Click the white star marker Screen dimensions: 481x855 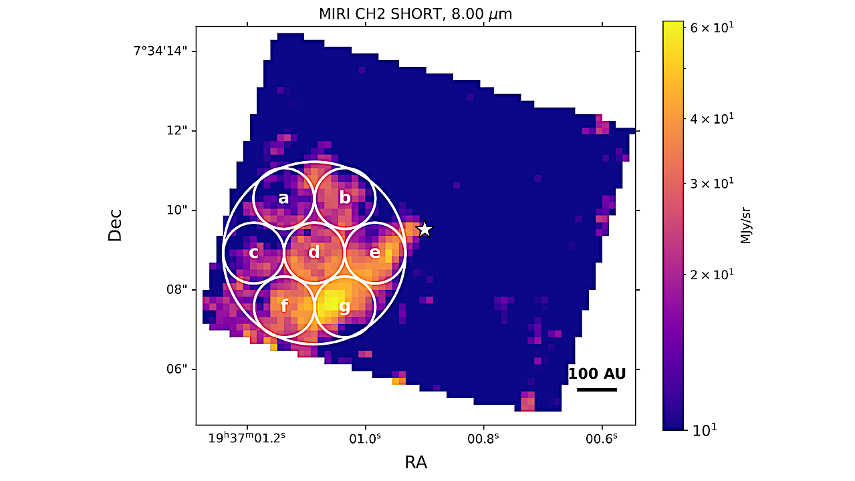click(x=424, y=229)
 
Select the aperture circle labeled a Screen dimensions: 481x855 click(x=283, y=198)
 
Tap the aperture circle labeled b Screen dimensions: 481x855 click(x=345, y=198)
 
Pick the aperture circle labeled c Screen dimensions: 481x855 click(x=253, y=253)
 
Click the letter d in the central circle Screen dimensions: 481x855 click(x=314, y=253)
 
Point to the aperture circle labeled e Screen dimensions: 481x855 click(x=375, y=253)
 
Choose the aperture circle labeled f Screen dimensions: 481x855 click(x=284, y=307)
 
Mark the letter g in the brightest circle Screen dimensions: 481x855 click(x=345, y=307)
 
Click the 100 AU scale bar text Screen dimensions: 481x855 click(x=597, y=373)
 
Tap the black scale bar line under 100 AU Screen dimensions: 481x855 click(x=597, y=389)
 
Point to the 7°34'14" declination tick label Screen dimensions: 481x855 click(x=159, y=51)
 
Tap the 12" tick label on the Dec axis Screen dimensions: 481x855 click(x=178, y=131)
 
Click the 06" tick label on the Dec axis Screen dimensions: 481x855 click(x=177, y=369)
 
